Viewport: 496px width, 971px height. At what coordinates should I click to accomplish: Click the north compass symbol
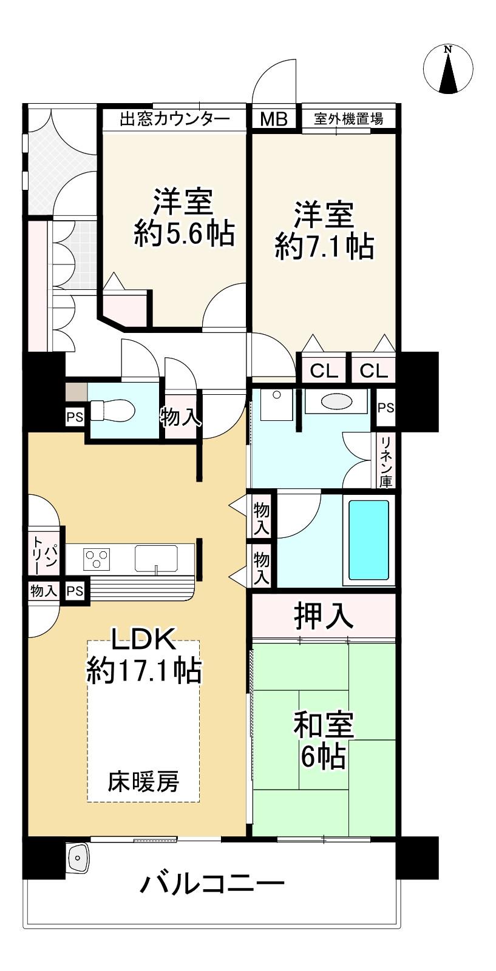[x=448, y=69]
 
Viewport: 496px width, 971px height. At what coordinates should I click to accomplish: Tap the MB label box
[x=274, y=118]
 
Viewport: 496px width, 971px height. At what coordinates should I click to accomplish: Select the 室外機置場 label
[x=348, y=118]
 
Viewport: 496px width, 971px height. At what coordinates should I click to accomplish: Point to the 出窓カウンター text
[x=174, y=118]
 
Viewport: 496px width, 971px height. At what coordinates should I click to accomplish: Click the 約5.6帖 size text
[x=185, y=234]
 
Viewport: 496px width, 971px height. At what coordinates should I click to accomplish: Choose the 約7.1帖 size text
[x=324, y=246]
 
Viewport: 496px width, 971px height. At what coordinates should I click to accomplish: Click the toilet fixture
[x=112, y=410]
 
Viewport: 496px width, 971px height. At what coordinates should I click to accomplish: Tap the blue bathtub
[x=369, y=540]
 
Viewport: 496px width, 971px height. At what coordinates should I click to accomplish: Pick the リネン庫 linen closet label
[x=386, y=462]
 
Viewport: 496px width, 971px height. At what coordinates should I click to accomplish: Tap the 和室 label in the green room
[x=324, y=724]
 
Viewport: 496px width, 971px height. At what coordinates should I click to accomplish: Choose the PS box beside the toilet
[x=75, y=417]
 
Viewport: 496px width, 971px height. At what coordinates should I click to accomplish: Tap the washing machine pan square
[x=276, y=405]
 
